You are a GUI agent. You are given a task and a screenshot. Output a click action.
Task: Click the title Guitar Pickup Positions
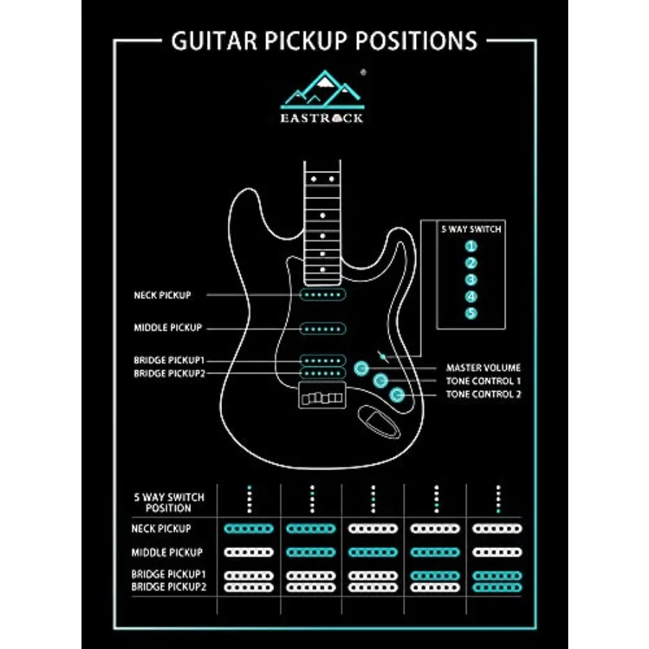pos(324,40)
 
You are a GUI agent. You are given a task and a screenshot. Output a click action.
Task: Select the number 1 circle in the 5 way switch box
pos(471,247)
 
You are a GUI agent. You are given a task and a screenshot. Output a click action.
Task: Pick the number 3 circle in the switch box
pos(471,280)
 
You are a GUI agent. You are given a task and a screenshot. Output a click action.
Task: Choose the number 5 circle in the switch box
pos(471,314)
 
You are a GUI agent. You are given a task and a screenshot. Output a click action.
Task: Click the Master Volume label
pos(483,368)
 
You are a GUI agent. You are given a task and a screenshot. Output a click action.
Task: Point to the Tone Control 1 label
pos(483,381)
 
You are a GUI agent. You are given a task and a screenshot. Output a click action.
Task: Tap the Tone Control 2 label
pos(483,394)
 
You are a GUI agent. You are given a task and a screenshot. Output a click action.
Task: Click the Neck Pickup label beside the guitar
pos(162,295)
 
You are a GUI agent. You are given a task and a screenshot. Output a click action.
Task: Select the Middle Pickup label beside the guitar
pos(167,327)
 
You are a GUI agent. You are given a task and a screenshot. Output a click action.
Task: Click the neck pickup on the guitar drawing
pos(322,295)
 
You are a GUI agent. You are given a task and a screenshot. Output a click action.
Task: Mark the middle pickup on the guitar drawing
pos(322,329)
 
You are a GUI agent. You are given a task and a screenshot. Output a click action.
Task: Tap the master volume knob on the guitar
pos(361,368)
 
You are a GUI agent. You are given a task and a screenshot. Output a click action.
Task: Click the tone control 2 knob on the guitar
pos(397,394)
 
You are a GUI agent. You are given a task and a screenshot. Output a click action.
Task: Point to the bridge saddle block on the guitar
pos(322,395)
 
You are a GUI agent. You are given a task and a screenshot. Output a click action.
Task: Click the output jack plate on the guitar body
pos(379,422)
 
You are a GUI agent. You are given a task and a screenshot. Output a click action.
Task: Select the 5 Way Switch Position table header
pos(169,503)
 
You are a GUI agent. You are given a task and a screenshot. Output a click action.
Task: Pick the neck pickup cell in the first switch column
pos(248,529)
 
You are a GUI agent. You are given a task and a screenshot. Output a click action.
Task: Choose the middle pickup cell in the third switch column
pos(373,552)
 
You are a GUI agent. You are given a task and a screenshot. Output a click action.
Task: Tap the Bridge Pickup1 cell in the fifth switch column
pos(497,575)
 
